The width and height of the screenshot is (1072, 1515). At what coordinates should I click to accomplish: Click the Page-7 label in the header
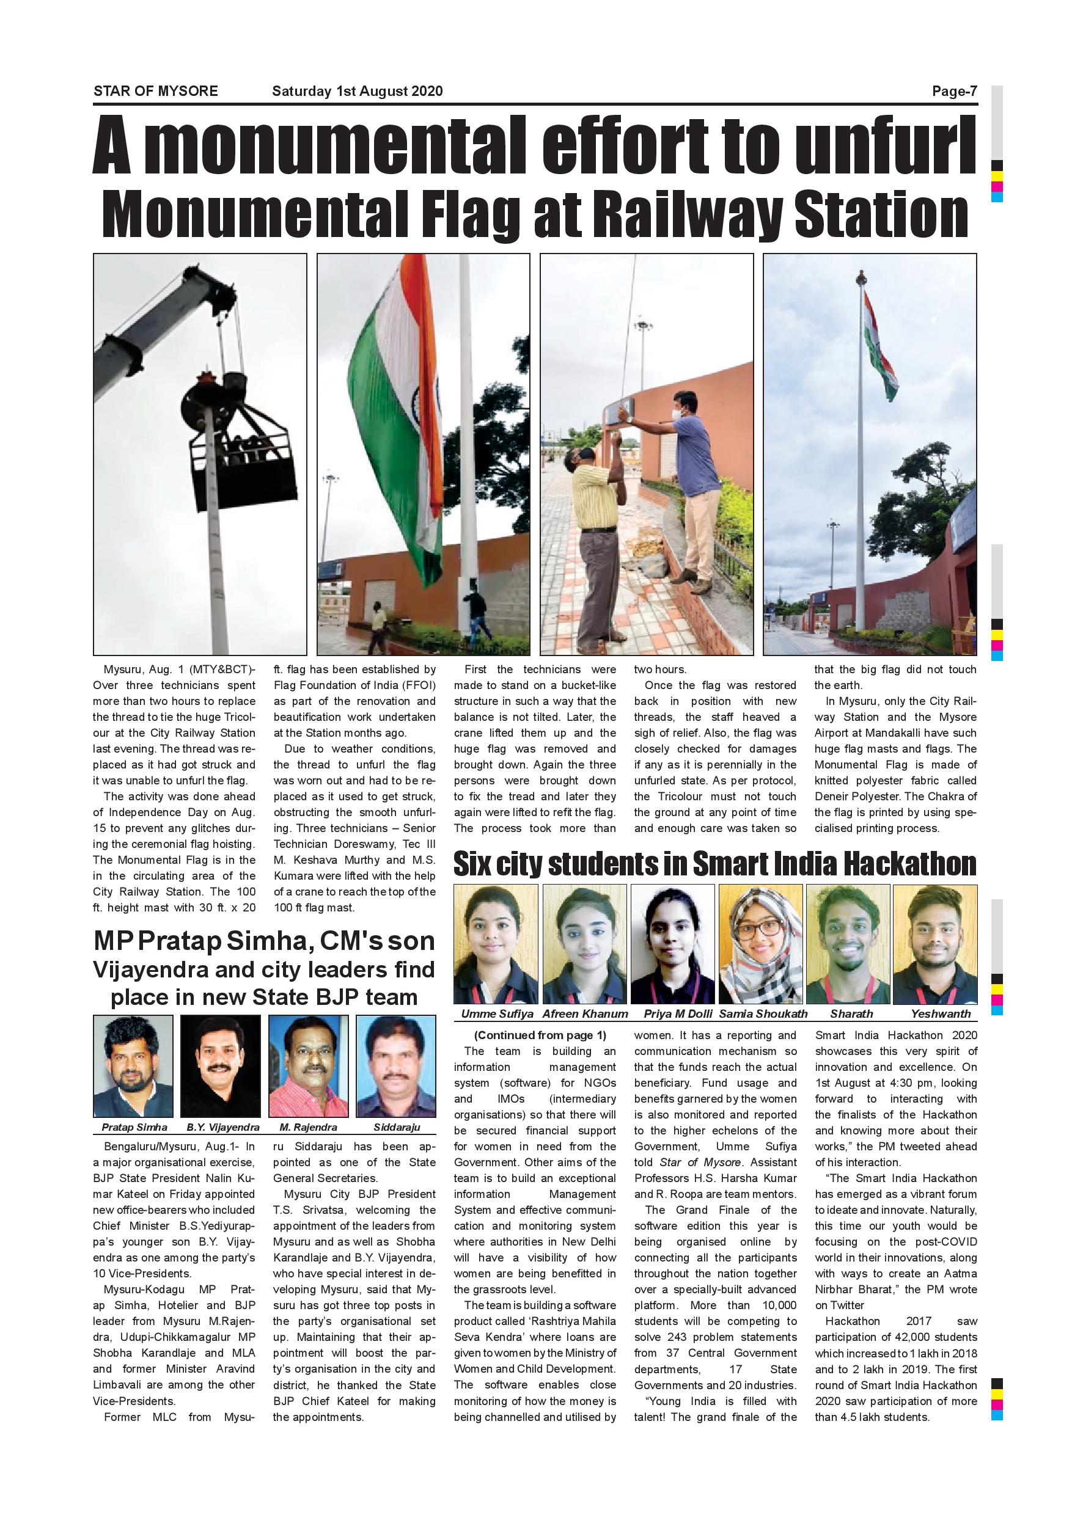[x=954, y=91]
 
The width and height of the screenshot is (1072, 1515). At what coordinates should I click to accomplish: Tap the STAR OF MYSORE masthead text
[x=156, y=91]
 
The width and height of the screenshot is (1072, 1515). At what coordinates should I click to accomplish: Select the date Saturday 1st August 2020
[x=357, y=91]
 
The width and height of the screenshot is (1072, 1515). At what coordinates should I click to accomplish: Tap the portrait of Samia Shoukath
[x=760, y=944]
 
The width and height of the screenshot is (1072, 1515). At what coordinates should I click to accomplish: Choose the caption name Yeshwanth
[x=941, y=1013]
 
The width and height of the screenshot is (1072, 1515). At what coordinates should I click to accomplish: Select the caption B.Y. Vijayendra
[x=222, y=1127]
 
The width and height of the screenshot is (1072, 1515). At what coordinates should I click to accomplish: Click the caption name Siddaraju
[x=396, y=1127]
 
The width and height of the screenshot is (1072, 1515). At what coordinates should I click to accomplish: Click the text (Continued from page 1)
[x=540, y=1035]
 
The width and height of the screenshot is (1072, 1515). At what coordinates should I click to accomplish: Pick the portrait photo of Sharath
[x=848, y=944]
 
